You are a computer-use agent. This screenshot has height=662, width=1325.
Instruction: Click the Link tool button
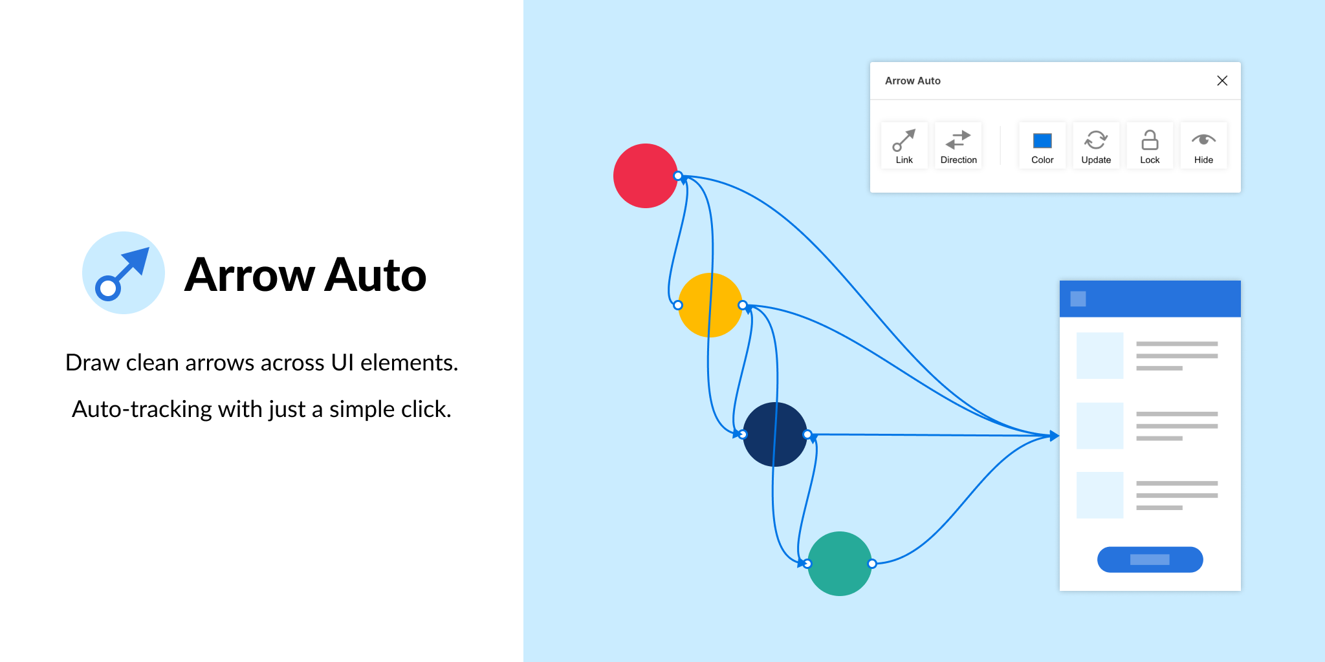(904, 145)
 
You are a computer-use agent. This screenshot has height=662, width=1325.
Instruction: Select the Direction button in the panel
(958, 145)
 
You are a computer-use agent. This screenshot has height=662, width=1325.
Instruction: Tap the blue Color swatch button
(1042, 145)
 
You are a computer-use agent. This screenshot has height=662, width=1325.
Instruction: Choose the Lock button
(1150, 145)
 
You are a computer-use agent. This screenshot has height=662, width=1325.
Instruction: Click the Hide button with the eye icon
(1203, 145)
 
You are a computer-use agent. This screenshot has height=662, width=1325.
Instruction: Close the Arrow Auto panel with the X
(1222, 81)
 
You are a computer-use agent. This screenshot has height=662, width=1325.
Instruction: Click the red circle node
(646, 176)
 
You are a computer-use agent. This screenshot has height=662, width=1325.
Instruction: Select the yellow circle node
(710, 305)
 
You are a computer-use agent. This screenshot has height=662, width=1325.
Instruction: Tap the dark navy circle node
(775, 434)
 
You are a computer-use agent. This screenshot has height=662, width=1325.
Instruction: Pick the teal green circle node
(840, 564)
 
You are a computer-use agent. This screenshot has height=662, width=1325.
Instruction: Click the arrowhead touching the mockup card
(1055, 436)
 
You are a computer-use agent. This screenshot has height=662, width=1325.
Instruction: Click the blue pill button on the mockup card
(1150, 559)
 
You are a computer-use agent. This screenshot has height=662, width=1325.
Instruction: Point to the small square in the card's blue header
(1078, 299)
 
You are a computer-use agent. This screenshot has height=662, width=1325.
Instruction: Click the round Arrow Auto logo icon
(124, 273)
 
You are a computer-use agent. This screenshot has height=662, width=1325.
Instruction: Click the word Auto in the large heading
(375, 275)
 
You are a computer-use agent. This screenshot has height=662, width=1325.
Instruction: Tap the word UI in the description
(342, 363)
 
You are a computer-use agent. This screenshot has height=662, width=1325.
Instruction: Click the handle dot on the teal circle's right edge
(872, 564)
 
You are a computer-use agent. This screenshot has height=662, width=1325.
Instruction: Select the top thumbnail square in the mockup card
(1100, 356)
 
